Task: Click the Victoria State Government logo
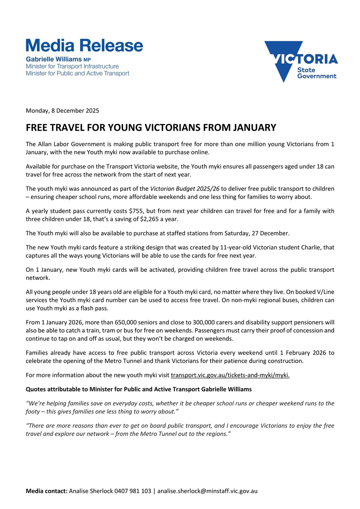[301, 62]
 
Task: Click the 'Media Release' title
[84, 45]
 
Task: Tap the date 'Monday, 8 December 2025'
[62, 111]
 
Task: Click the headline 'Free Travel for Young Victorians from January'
[151, 128]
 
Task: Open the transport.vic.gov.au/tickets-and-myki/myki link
[230, 375]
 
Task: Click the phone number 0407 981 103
[132, 491]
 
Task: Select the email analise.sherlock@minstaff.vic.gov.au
[208, 491]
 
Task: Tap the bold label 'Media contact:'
[47, 491]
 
